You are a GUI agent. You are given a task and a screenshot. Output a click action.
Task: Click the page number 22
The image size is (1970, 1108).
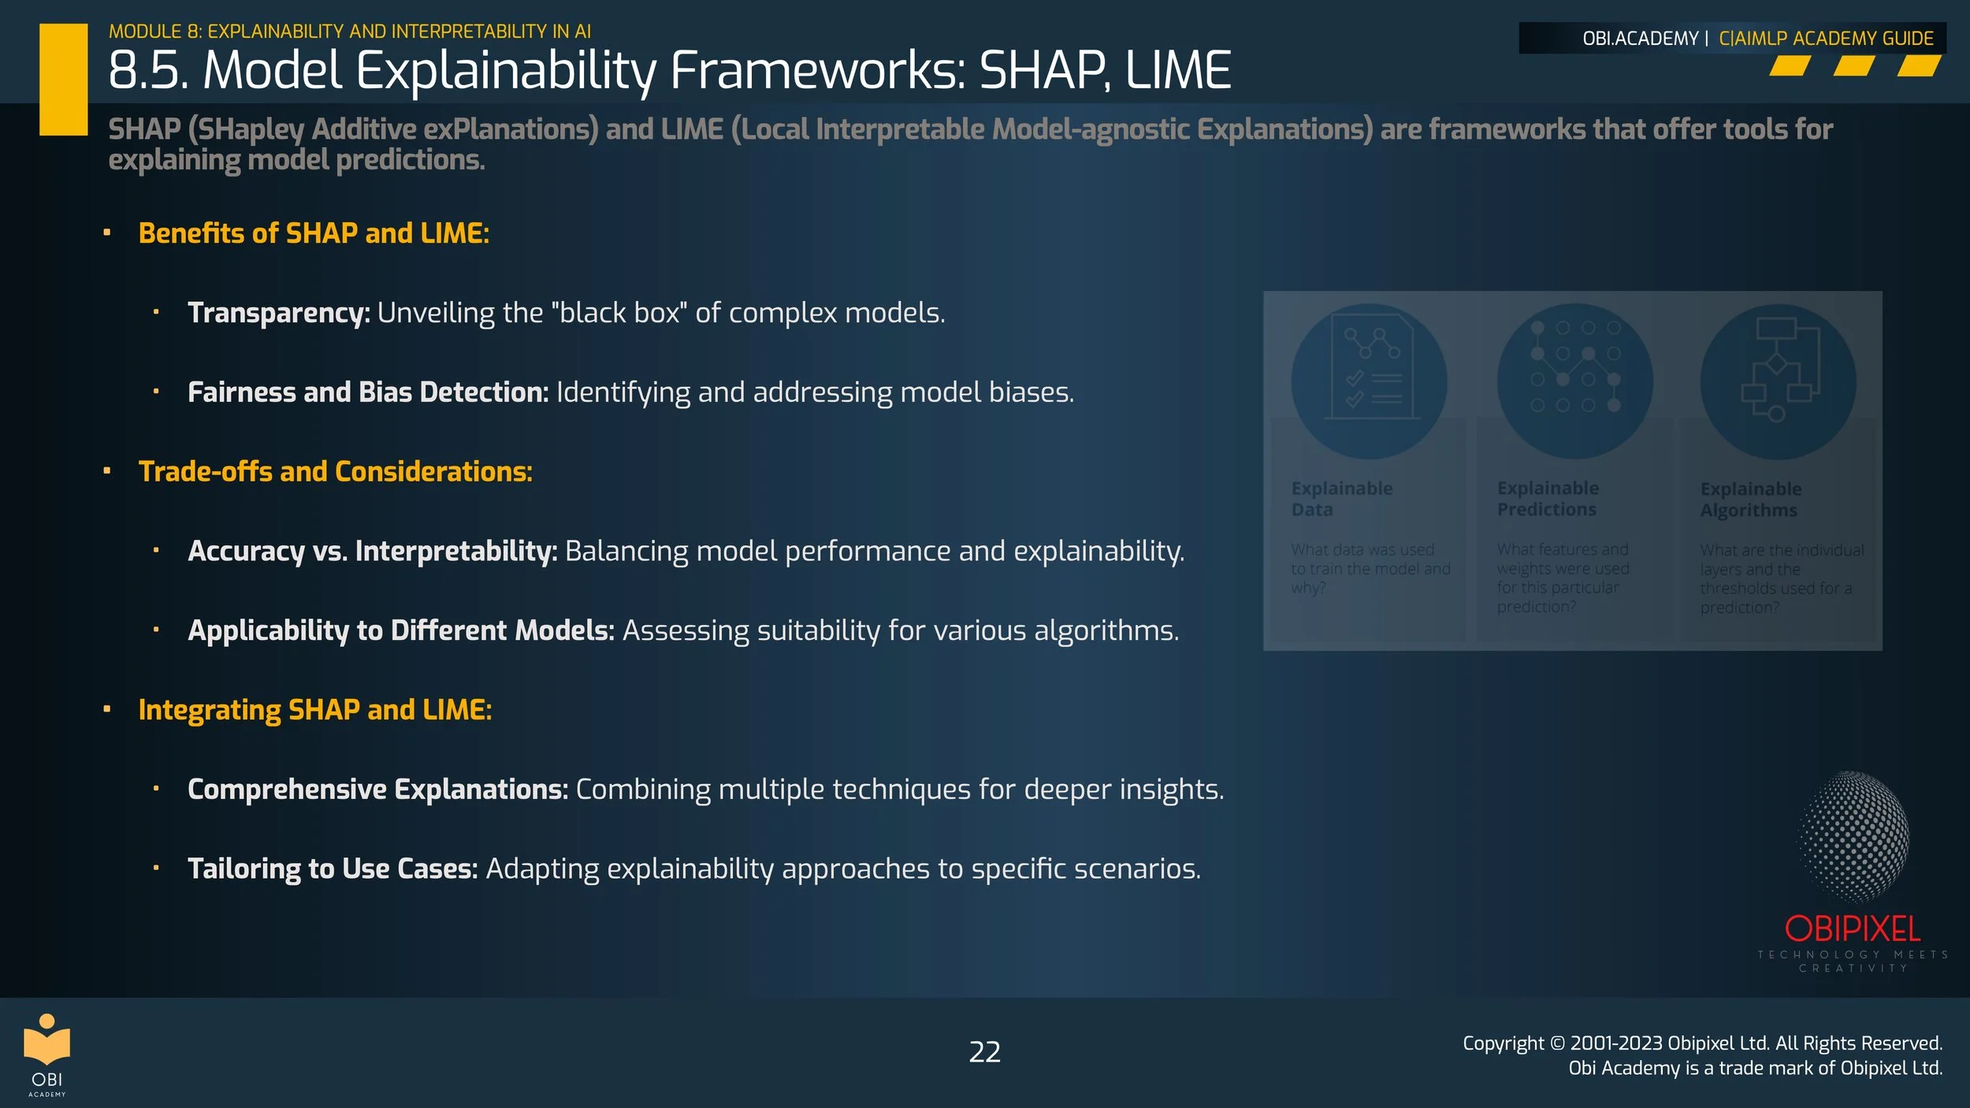pyautogui.click(x=984, y=1052)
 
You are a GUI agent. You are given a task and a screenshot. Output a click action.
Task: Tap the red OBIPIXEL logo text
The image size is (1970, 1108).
pyautogui.click(x=1852, y=929)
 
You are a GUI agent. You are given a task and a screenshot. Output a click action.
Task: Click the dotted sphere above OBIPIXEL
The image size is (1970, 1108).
pyautogui.click(x=1853, y=836)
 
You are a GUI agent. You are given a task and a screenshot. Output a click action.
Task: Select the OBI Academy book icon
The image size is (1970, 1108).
pyautogui.click(x=46, y=1039)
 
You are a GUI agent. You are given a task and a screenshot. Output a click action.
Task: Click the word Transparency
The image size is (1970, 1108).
pyautogui.click(x=278, y=313)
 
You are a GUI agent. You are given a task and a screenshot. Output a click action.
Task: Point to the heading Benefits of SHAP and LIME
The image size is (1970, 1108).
pyautogui.click(x=314, y=233)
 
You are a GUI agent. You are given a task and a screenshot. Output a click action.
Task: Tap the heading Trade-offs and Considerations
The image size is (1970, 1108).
pyautogui.click(x=335, y=471)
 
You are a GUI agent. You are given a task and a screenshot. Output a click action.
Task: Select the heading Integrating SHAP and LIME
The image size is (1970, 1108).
pyautogui.click(x=315, y=710)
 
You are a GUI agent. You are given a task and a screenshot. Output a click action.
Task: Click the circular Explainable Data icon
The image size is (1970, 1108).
pyautogui.click(x=1369, y=381)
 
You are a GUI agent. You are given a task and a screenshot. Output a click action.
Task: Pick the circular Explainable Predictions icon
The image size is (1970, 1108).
pyautogui.click(x=1574, y=381)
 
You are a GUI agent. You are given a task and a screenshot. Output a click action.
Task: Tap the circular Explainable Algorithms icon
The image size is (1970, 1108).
pyautogui.click(x=1778, y=381)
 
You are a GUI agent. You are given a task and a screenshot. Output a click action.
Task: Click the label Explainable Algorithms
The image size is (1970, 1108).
pyautogui.click(x=1750, y=500)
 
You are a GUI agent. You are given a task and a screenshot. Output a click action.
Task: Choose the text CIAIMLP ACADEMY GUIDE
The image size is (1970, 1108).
pyautogui.click(x=1826, y=39)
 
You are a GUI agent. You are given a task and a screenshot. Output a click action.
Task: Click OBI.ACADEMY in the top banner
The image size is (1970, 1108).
pyautogui.click(x=1640, y=39)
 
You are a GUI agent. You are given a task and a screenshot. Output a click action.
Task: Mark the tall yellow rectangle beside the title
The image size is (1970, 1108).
pyautogui.click(x=63, y=79)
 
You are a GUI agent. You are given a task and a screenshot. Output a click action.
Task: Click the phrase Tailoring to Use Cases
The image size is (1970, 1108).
pyautogui.click(x=333, y=868)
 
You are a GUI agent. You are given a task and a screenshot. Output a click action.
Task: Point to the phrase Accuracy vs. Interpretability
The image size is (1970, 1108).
pyautogui.click(x=372, y=551)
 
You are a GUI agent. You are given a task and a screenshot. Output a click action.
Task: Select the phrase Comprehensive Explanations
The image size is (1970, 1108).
pyautogui.click(x=377, y=789)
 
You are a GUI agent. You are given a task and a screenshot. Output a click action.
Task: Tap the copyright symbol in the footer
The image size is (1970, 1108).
pyautogui.click(x=1557, y=1043)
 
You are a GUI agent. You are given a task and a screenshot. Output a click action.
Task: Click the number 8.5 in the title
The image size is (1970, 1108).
pyautogui.click(x=147, y=71)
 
